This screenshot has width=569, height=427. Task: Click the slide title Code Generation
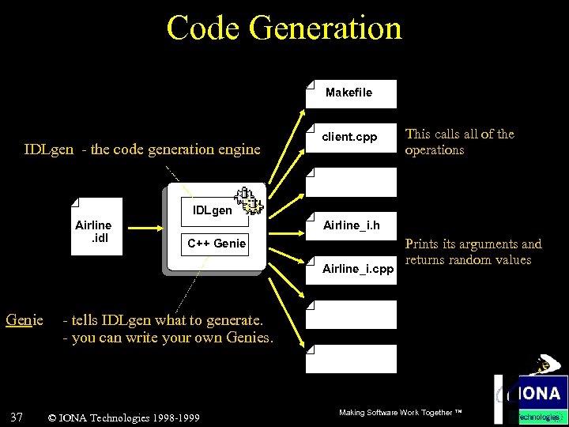tap(284, 28)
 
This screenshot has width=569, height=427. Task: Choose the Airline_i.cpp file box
tap(356, 269)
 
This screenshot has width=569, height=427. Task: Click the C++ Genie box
tap(217, 244)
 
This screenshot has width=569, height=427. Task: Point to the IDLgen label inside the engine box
tap(212, 210)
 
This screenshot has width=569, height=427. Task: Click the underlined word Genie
tap(24, 320)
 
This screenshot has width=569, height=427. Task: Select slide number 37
tap(17, 417)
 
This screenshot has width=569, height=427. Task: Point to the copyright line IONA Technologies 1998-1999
tap(123, 418)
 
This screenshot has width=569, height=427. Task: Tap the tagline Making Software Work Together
tap(399, 413)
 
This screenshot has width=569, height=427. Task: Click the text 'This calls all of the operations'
tap(459, 142)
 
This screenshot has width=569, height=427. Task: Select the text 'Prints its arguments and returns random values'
tap(473, 251)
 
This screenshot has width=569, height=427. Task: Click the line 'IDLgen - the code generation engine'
tap(142, 149)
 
